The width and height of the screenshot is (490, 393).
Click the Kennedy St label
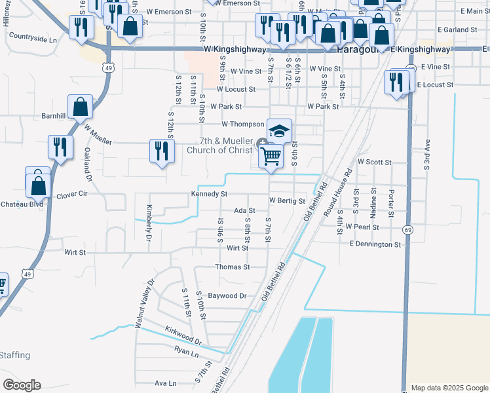click(209, 194)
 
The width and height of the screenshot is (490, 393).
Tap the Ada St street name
click(244, 211)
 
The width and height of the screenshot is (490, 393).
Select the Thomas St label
click(233, 267)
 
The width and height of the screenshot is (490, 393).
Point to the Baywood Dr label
click(227, 296)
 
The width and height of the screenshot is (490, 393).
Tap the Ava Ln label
click(165, 383)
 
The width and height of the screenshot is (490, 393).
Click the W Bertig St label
click(287, 200)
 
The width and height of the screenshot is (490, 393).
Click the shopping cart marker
click(271, 157)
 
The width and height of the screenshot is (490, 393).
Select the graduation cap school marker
click(279, 130)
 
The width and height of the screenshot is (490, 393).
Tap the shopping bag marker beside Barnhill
click(80, 107)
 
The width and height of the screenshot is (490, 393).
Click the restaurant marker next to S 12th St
click(161, 151)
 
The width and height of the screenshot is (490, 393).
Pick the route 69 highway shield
click(409, 231)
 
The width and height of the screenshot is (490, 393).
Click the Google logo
click(22, 385)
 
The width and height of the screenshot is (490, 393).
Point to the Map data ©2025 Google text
click(449, 388)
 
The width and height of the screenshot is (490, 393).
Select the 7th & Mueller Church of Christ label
click(219, 145)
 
